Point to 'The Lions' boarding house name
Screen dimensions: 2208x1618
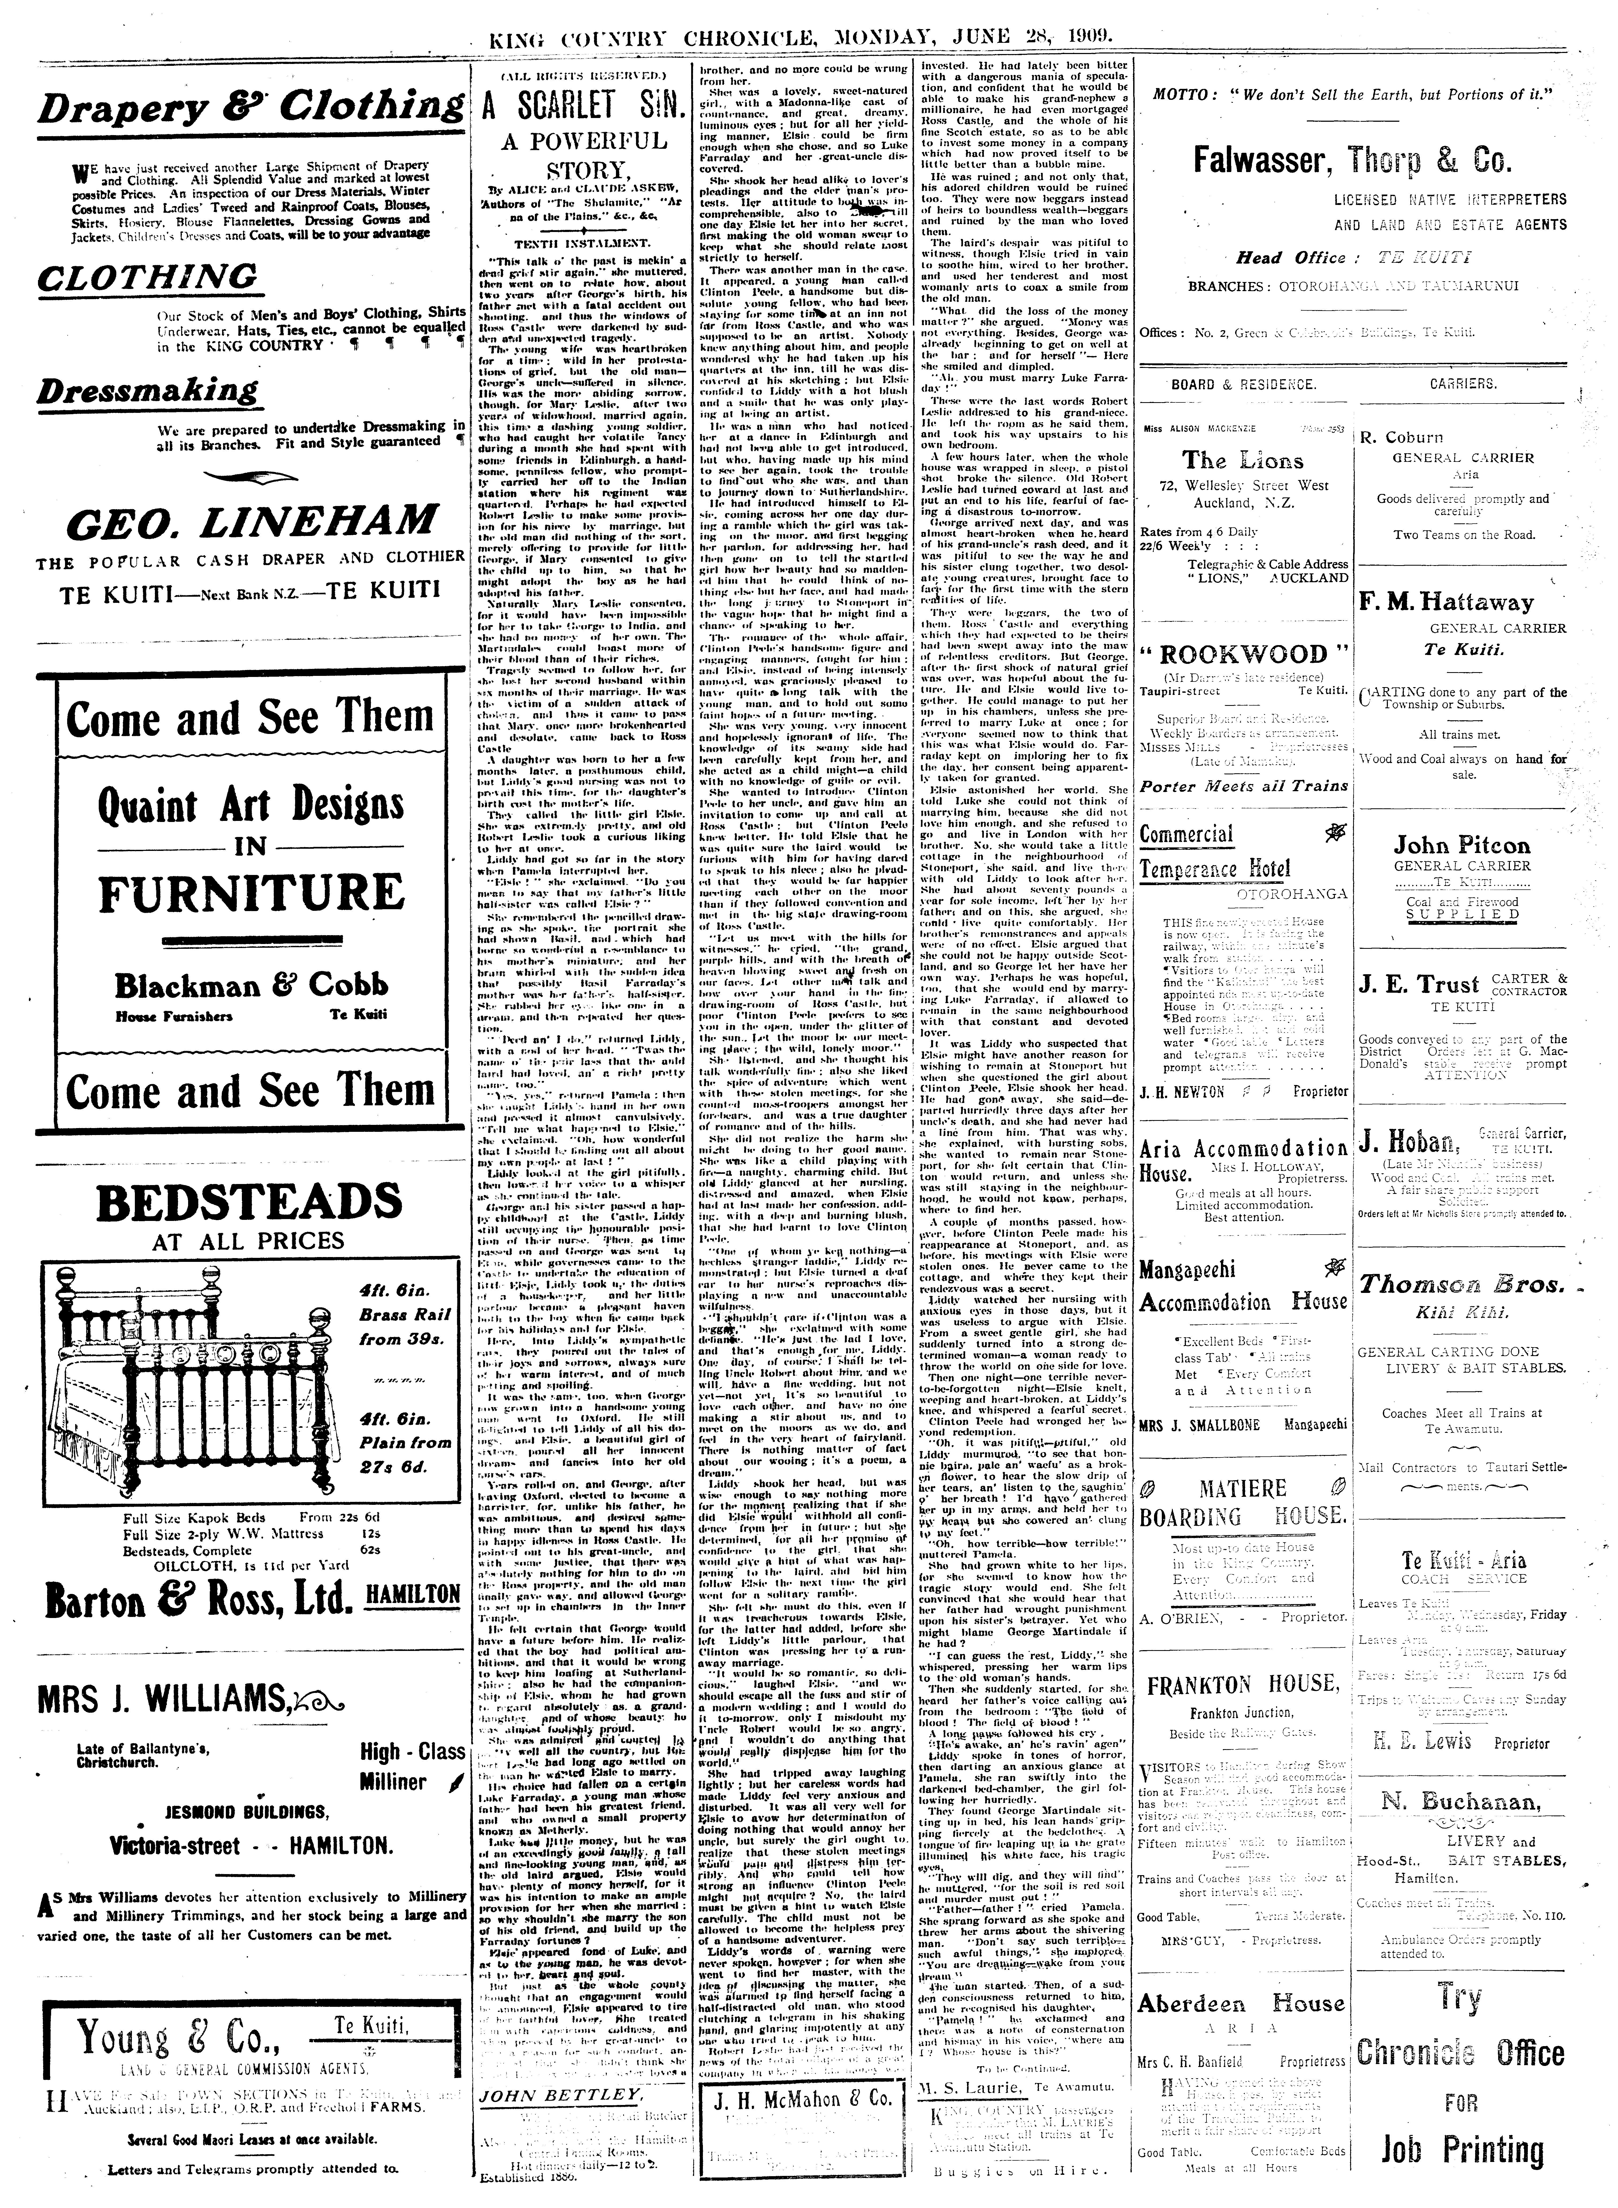pyautogui.click(x=1242, y=460)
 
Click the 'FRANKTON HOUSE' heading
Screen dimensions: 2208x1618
pyautogui.click(x=1242, y=1684)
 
